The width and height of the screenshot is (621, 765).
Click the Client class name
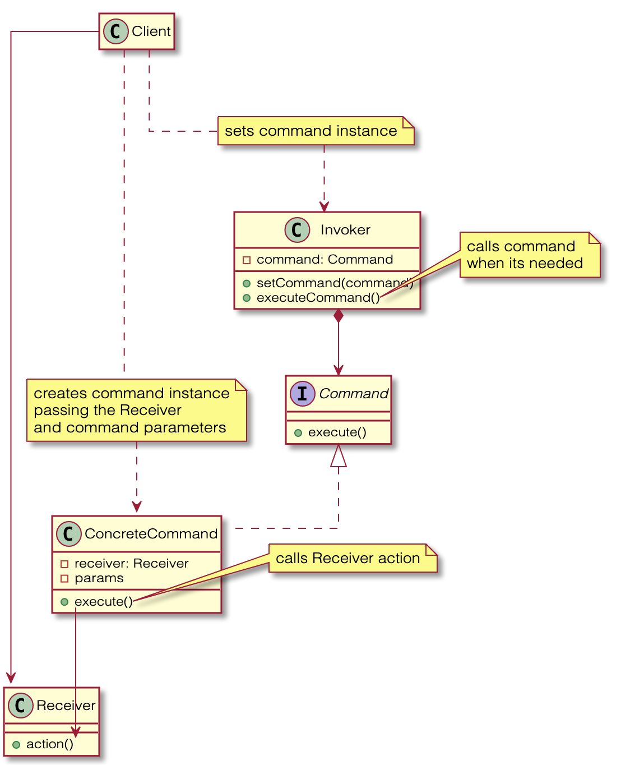click(151, 31)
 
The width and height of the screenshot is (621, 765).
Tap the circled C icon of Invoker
click(297, 230)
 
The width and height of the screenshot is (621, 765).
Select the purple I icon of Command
click(302, 394)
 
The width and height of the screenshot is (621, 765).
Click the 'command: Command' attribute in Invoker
click(325, 260)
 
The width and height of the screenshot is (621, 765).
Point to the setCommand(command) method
click(334, 283)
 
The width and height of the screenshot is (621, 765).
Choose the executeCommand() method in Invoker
click(318, 298)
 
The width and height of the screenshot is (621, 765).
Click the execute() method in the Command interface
click(337, 432)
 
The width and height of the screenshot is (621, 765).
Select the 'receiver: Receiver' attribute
click(131, 564)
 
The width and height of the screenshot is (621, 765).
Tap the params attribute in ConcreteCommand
click(99, 578)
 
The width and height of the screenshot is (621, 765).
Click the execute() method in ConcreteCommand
click(103, 602)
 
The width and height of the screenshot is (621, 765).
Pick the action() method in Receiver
click(50, 744)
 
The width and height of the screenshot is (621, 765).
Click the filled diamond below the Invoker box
click(339, 316)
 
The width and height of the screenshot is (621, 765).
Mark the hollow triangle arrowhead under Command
click(339, 456)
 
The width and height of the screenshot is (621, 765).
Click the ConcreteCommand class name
click(151, 534)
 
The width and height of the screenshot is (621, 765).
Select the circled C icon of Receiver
click(21, 706)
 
